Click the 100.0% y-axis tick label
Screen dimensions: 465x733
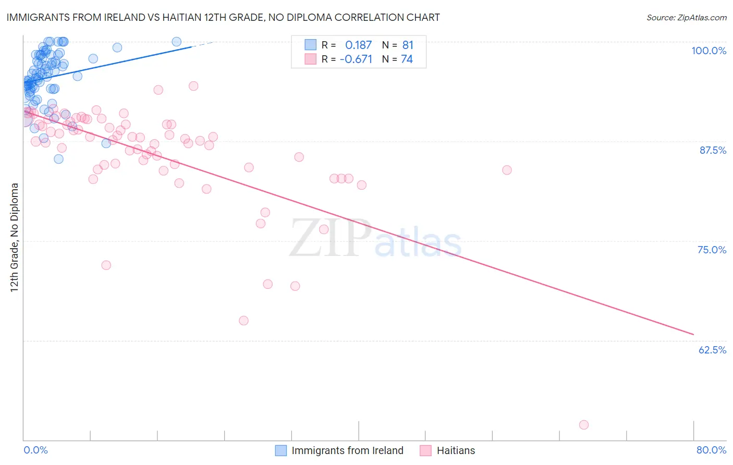coord(708,51)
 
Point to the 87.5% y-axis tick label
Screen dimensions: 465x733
coord(712,150)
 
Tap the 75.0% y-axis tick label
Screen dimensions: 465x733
coord(712,250)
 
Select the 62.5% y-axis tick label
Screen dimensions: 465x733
coord(712,350)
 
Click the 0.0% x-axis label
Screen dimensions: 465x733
coord(35,450)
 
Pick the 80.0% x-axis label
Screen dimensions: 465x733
coord(711,450)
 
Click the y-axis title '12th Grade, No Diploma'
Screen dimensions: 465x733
coord(15,237)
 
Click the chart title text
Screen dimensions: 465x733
coord(223,17)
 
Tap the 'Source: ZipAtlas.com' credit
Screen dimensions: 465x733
coord(686,17)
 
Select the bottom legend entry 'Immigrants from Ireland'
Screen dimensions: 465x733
coord(347,450)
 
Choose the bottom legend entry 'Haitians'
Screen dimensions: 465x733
coord(456,450)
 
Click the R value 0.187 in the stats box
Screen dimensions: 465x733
coord(358,45)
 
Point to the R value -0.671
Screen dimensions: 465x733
coord(356,59)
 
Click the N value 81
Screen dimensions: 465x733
coord(407,45)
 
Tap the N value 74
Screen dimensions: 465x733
coord(407,59)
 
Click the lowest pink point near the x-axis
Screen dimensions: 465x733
coord(584,425)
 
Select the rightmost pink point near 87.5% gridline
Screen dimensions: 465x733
coord(507,170)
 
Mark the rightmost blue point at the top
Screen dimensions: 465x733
coord(177,42)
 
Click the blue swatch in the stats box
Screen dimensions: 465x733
coord(311,45)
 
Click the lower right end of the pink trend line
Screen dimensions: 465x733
coord(693,334)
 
